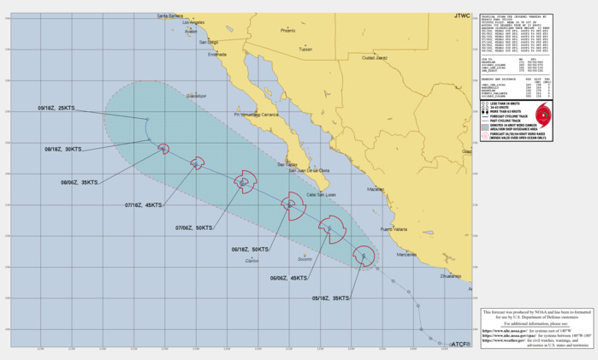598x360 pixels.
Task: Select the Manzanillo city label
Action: pos(406,254)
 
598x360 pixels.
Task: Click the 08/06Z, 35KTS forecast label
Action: pos(81,181)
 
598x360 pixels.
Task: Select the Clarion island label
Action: pos(252,261)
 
